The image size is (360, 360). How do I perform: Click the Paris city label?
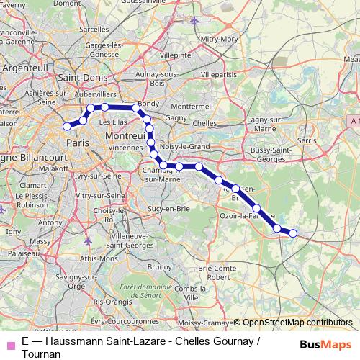[77, 143]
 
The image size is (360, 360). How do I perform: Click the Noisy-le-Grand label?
[184, 146]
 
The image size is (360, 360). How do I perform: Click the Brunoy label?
[158, 266]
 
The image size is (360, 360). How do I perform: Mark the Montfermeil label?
[189, 106]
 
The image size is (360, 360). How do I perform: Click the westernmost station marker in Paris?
[67, 126]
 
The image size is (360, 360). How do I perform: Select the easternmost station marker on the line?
[293, 233]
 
